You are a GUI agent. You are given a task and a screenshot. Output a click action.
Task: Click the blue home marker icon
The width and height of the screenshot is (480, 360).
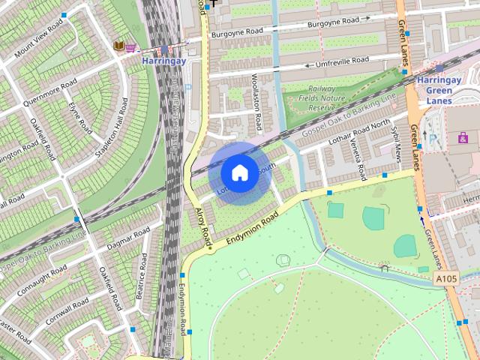click(239, 173)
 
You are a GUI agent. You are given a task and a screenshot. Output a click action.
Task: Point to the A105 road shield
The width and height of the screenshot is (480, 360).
click(445, 279)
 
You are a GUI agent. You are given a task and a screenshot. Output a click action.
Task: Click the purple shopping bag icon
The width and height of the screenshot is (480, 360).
click(463, 137)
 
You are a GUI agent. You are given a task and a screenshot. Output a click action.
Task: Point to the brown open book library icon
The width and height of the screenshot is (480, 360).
click(118, 46)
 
